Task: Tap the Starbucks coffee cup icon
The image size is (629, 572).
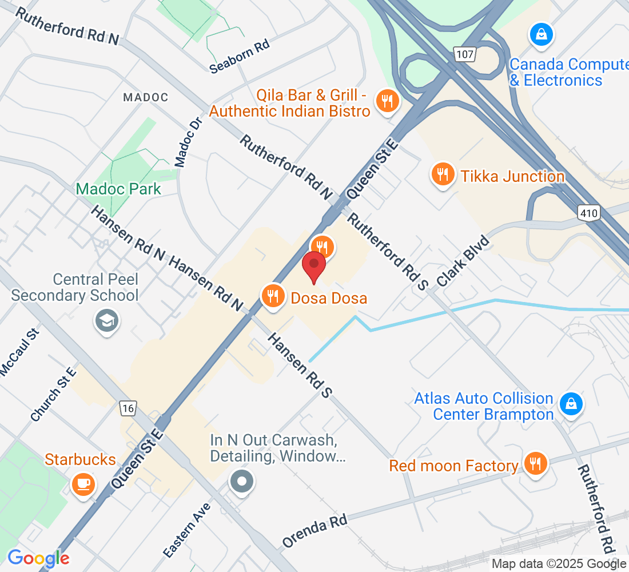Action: click(83, 483)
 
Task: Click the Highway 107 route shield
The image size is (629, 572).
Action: click(464, 54)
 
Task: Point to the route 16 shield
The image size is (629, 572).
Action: click(129, 408)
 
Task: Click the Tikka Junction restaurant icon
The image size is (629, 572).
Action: click(443, 174)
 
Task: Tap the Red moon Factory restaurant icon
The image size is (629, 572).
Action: click(535, 464)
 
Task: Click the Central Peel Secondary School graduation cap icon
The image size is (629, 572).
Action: click(107, 319)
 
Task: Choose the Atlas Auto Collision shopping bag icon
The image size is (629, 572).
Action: click(571, 404)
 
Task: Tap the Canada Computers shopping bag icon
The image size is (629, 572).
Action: click(540, 35)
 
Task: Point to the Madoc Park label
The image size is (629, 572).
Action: click(118, 189)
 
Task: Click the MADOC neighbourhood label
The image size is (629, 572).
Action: click(146, 97)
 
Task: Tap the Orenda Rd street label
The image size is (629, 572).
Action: click(315, 531)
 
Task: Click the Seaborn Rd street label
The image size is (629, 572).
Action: click(239, 57)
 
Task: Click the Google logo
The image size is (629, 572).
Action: click(38, 558)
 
